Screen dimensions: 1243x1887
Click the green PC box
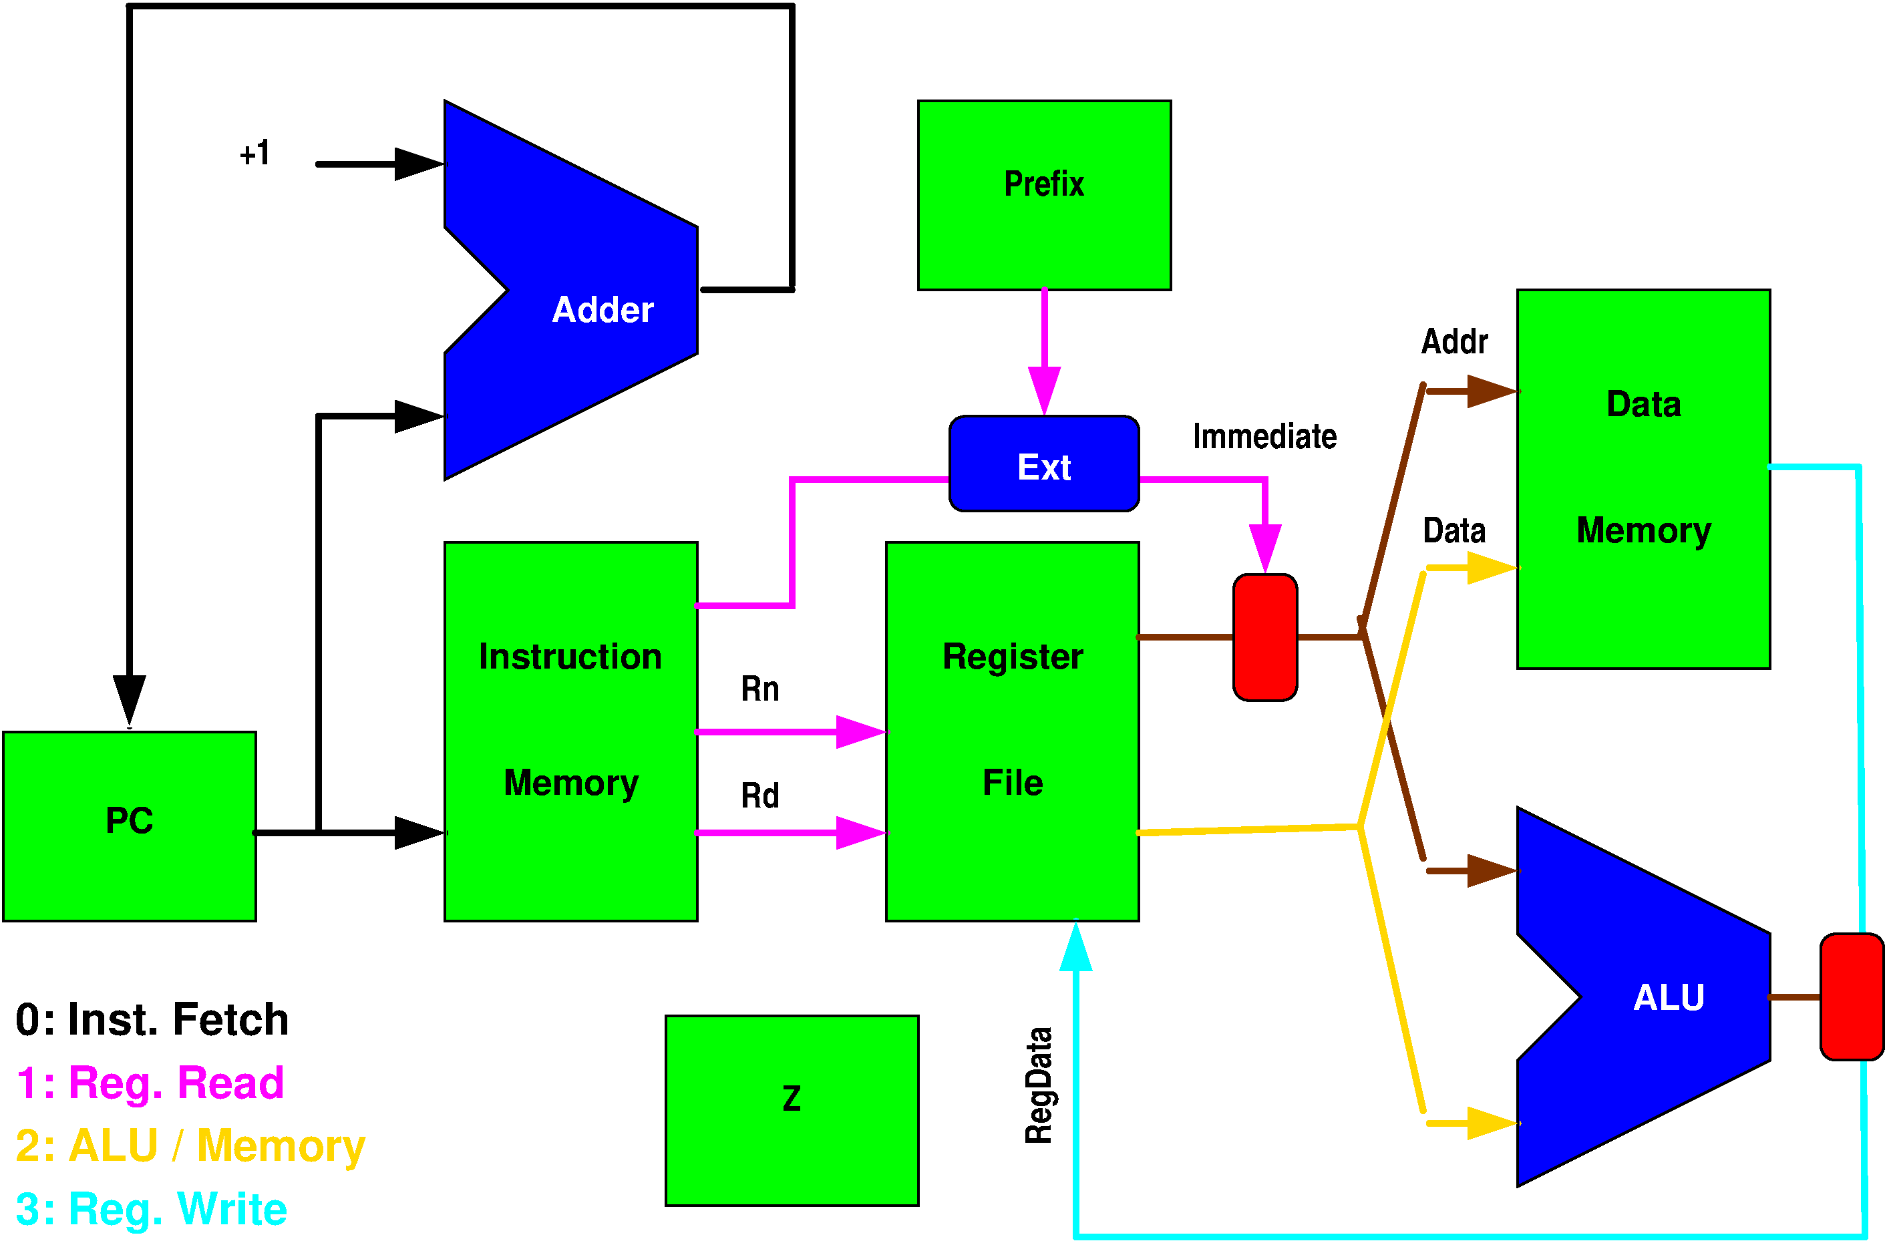[129, 826]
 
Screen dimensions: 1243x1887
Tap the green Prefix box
[1044, 195]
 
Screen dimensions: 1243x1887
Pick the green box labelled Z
[792, 1110]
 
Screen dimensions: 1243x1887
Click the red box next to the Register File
[1265, 637]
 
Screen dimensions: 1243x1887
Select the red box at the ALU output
[1852, 997]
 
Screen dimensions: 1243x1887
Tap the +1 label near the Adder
[255, 153]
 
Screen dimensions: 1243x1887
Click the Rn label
[760, 689]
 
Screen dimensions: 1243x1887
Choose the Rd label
[760, 795]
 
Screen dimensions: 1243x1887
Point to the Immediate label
[1264, 437]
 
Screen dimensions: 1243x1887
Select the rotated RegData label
[1039, 1085]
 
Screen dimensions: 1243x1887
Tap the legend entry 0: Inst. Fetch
[152, 1019]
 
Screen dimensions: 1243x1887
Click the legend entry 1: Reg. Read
[150, 1083]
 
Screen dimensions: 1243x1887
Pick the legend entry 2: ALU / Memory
[190, 1146]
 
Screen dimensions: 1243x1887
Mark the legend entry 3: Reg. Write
[152, 1209]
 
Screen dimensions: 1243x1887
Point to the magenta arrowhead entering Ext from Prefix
[1044, 390]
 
